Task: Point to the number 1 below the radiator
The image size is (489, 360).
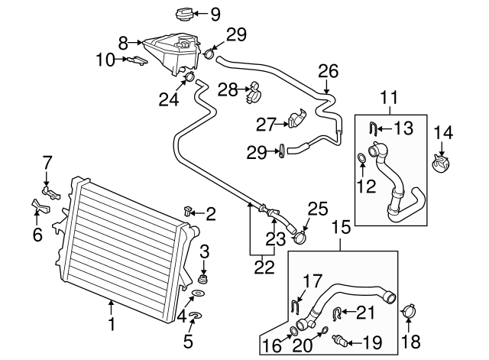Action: tap(112, 326)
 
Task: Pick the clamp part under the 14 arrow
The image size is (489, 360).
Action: tap(442, 161)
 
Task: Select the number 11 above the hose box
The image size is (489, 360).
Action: tap(390, 98)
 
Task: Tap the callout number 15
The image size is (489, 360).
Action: tap(342, 227)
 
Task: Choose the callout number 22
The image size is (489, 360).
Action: tap(263, 267)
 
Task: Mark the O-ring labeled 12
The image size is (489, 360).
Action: tap(361, 159)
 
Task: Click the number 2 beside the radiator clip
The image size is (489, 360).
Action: tap(211, 214)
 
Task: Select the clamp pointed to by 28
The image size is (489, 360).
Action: tap(253, 94)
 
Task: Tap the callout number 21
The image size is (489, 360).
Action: tap(366, 311)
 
